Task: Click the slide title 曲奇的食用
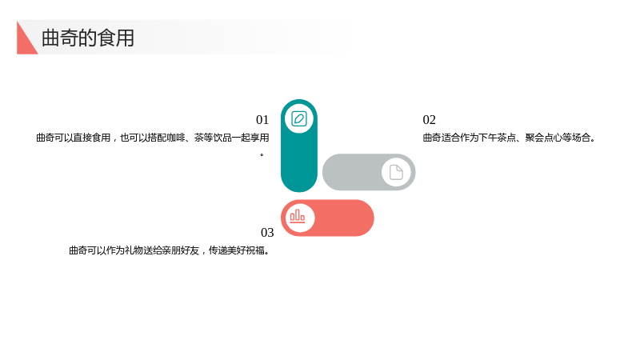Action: pyautogui.click(x=88, y=38)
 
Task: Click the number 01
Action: pyautogui.click(x=262, y=119)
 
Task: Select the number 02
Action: pyautogui.click(x=430, y=119)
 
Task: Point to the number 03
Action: pyautogui.click(x=267, y=232)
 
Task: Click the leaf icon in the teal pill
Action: pyautogui.click(x=299, y=118)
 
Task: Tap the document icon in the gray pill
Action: pyautogui.click(x=396, y=172)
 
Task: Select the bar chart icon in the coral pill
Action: pyautogui.click(x=298, y=216)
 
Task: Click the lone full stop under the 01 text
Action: pyautogui.click(x=262, y=154)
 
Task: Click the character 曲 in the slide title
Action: pyautogui.click(x=50, y=38)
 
